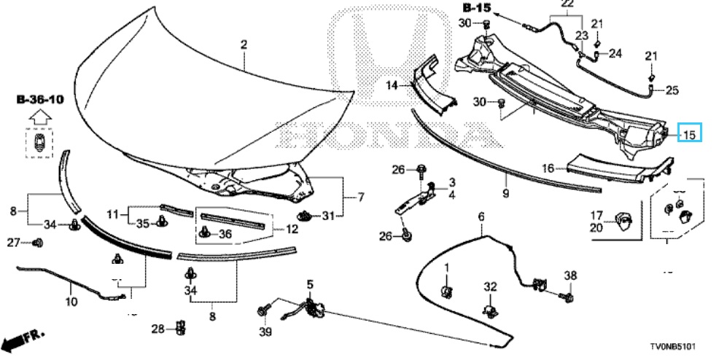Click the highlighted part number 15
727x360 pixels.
coord(690,133)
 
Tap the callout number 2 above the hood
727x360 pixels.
coord(244,45)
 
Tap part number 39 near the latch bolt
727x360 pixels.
coord(265,332)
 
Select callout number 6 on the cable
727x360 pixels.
coord(481,216)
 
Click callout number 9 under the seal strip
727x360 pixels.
coord(505,195)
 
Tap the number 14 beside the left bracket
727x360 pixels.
coord(392,85)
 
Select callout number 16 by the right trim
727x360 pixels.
coord(547,168)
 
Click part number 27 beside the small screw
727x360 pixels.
coord(14,242)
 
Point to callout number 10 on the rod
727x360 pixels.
coord(71,301)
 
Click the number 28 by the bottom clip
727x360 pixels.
coord(158,329)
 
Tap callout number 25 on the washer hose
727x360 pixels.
coord(672,90)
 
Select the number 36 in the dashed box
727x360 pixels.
coord(225,233)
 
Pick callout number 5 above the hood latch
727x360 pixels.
coord(308,283)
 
